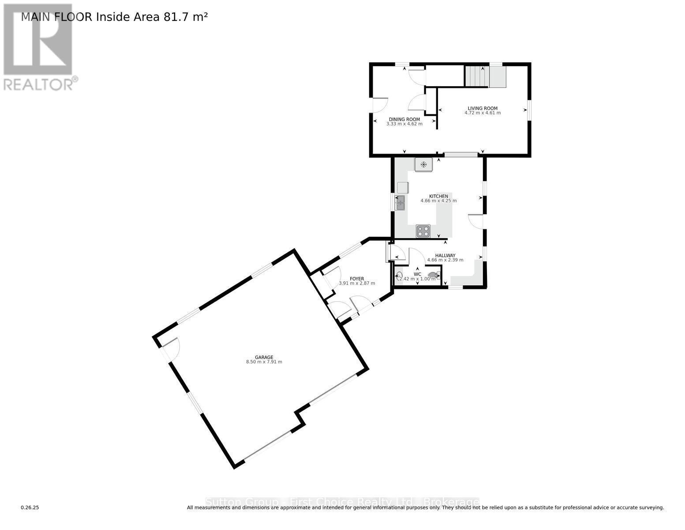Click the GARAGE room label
click(264, 357)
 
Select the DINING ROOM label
click(404, 119)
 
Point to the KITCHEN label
click(438, 196)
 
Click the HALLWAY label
click(445, 255)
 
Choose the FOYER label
click(357, 279)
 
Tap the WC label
click(417, 274)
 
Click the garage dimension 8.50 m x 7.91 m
click(264, 362)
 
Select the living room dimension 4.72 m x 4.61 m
click(483, 113)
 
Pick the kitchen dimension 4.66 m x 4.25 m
click(438, 201)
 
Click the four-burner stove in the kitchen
click(423, 231)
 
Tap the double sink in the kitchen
click(400, 203)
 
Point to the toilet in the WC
click(434, 276)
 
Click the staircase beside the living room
click(477, 77)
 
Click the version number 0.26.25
click(30, 508)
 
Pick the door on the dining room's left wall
click(380, 105)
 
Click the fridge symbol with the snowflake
click(423, 165)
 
